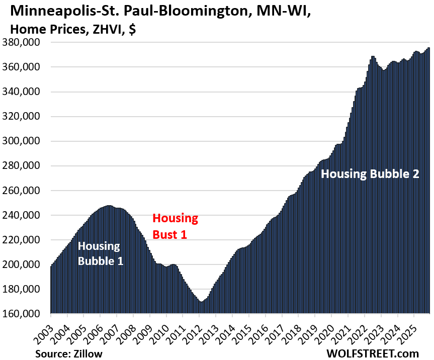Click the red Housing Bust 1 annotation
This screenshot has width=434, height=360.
point(175,227)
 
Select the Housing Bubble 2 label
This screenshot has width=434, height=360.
point(370,174)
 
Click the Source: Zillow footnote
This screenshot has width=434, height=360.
point(68,353)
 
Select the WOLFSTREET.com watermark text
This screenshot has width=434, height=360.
point(372,353)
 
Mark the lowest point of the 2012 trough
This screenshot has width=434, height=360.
point(200,301)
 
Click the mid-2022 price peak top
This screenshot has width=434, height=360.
point(373,56)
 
